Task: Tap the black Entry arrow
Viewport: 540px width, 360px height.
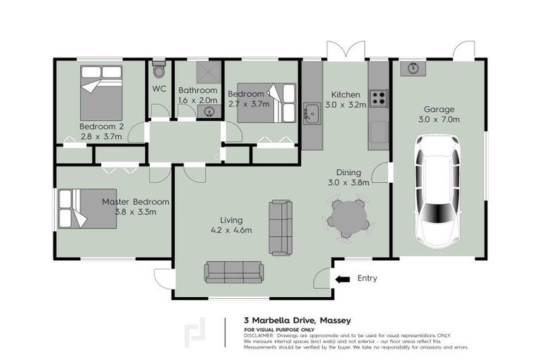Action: coord(342,279)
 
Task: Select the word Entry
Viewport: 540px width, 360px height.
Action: coord(367,278)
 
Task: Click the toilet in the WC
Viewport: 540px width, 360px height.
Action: coord(159,70)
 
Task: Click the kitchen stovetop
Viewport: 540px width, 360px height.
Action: coord(378,98)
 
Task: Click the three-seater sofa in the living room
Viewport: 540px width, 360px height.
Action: coord(234,272)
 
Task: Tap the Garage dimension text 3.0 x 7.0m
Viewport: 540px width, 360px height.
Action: coord(439,120)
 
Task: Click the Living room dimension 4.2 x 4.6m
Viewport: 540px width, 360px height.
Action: coord(231,230)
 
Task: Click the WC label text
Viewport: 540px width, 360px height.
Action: coord(159,89)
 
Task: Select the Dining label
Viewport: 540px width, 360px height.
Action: coord(349,172)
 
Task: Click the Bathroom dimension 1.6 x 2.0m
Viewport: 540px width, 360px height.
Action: coord(198,101)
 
